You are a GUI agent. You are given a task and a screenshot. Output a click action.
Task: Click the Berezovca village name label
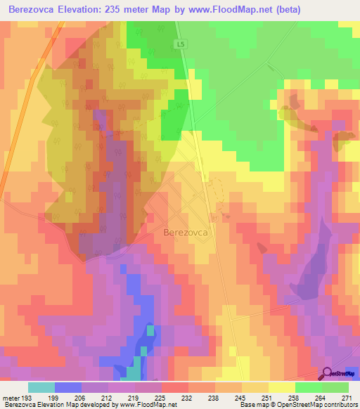(x=188, y=232)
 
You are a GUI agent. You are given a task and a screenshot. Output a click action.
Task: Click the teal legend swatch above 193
(x=41, y=387)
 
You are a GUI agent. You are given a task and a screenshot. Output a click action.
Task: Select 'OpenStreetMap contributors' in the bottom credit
(x=316, y=405)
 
